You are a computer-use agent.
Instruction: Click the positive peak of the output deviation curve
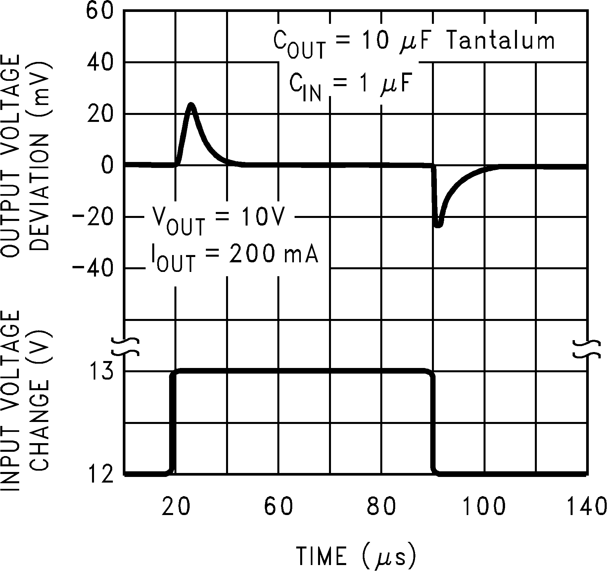191,105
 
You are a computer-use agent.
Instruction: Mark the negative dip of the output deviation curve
438,225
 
